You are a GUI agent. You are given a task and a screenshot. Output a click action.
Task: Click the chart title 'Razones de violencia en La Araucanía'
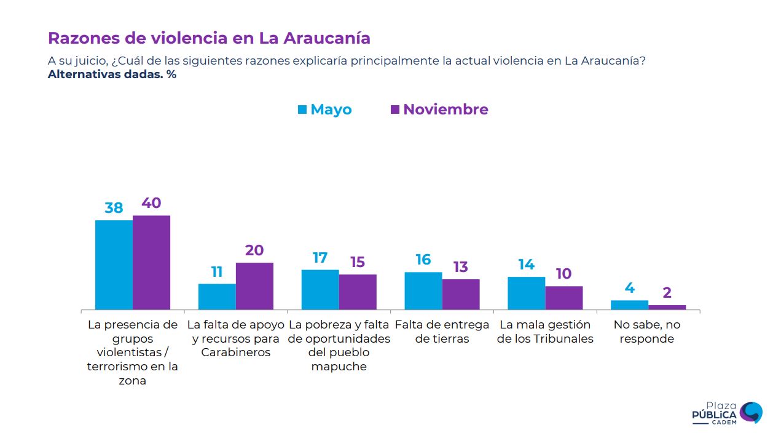[x=209, y=38]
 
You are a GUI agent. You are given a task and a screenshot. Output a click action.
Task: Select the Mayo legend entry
[x=324, y=109]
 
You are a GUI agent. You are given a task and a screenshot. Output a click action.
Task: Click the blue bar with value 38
[x=114, y=265]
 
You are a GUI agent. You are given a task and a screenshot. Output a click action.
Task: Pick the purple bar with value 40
[x=151, y=262]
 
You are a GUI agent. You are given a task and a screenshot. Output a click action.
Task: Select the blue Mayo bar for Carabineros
[x=217, y=297]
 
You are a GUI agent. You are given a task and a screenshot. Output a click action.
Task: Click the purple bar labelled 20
[x=254, y=286]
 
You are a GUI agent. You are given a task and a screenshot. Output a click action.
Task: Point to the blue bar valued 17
[x=320, y=289]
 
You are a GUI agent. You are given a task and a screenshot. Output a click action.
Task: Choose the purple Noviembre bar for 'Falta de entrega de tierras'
[x=461, y=294]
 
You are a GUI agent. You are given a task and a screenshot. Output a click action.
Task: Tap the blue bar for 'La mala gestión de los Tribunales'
[x=527, y=293]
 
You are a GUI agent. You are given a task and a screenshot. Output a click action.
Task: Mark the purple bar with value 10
[x=564, y=298]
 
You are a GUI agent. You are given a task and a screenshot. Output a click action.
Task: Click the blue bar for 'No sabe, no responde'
[x=629, y=305]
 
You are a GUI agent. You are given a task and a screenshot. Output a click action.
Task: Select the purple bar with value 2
[x=667, y=307]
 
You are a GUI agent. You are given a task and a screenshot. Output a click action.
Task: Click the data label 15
[x=357, y=262]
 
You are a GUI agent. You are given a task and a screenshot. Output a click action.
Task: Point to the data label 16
[x=423, y=260]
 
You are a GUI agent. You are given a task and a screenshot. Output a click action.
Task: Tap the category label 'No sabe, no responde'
[x=647, y=332]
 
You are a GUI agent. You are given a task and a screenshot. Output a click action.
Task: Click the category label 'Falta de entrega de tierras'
[x=442, y=332]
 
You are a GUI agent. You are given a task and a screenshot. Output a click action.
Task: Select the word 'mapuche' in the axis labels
[x=339, y=367]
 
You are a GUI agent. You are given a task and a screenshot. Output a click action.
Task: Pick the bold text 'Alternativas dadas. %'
[x=112, y=75]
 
